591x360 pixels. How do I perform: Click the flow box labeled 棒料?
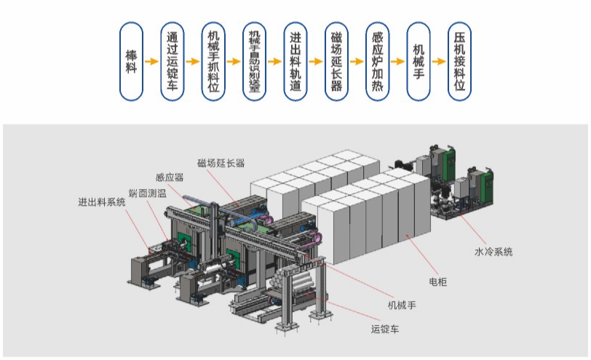coord(131,62)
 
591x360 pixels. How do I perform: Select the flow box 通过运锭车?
coord(172,62)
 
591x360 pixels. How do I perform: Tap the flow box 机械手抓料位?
coord(213,62)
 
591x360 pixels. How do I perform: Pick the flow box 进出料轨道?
coord(295,62)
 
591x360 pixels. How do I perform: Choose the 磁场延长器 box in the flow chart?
coord(336,62)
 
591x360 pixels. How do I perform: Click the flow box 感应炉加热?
coord(377,62)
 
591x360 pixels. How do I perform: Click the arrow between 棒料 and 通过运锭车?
coord(151,62)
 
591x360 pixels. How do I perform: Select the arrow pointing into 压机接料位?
coord(438,62)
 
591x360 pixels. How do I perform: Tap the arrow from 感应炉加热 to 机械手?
coord(397,62)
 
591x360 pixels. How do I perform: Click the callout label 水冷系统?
coord(493,252)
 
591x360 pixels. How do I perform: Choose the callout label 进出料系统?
coord(102,202)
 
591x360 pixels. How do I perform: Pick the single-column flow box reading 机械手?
coord(418,62)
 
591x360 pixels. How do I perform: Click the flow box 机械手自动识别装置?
coord(254,62)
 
